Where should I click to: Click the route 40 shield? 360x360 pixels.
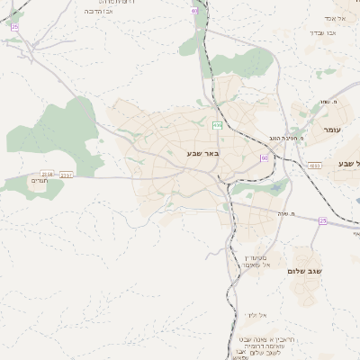click(x=195, y=11)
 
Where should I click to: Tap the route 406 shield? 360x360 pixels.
click(x=217, y=124)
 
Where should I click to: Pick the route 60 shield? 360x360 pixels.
click(x=264, y=157)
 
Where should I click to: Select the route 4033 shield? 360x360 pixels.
click(x=314, y=166)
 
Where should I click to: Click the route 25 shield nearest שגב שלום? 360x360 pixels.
click(x=323, y=220)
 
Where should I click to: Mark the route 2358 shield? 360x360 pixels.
click(x=48, y=175)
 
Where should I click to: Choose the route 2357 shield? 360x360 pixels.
click(x=66, y=175)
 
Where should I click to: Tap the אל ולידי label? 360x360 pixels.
click(x=256, y=315)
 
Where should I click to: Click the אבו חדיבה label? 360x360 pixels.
click(x=96, y=12)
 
